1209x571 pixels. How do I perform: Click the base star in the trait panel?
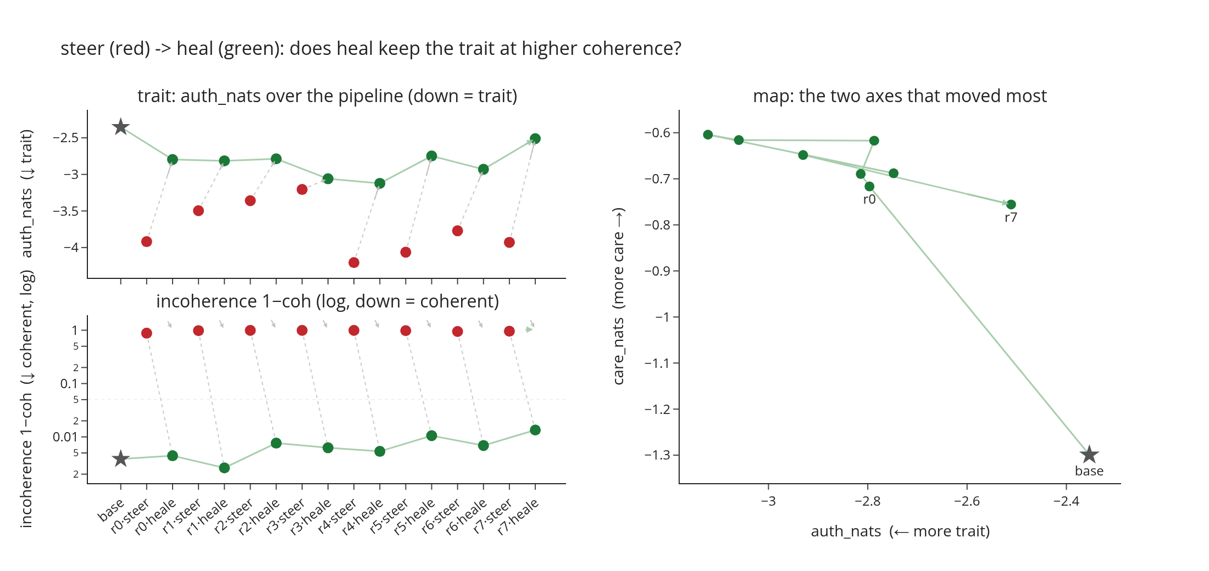120,127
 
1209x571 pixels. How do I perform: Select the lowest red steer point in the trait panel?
354,262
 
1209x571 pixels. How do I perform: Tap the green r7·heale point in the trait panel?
535,138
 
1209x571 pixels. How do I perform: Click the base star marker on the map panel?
1089,455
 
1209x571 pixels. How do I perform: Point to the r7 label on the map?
1011,217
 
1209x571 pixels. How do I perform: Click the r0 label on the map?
869,199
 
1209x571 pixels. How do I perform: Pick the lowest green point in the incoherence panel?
224,468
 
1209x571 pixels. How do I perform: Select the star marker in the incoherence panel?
120,458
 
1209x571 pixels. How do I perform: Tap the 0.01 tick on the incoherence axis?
66,437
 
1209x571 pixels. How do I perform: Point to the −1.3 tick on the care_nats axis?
657,455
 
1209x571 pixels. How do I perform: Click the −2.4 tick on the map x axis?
1066,501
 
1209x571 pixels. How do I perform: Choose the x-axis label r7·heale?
518,517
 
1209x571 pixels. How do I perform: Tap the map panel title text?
900,96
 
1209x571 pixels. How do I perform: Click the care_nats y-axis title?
618,296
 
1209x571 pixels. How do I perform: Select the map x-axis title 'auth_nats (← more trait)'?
900,531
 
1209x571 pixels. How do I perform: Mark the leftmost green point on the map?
708,135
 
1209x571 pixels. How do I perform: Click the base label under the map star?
1089,471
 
